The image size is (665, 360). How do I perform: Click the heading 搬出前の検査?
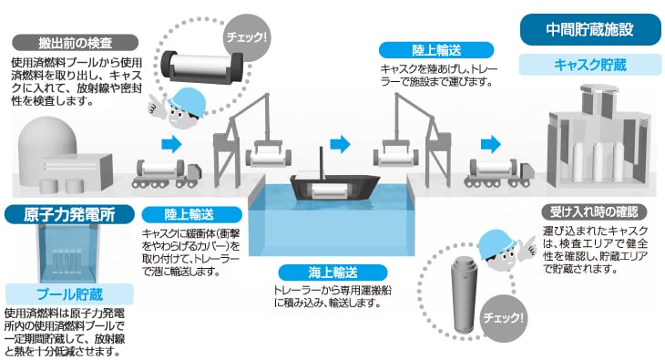(x=76, y=42)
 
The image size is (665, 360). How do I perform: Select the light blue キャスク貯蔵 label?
(x=589, y=65)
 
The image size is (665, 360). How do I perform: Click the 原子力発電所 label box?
(x=62, y=214)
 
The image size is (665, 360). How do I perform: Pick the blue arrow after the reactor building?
(x=169, y=144)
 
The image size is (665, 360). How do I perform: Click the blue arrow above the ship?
(x=340, y=144)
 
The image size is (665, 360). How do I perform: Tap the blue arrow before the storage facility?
(x=491, y=144)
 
